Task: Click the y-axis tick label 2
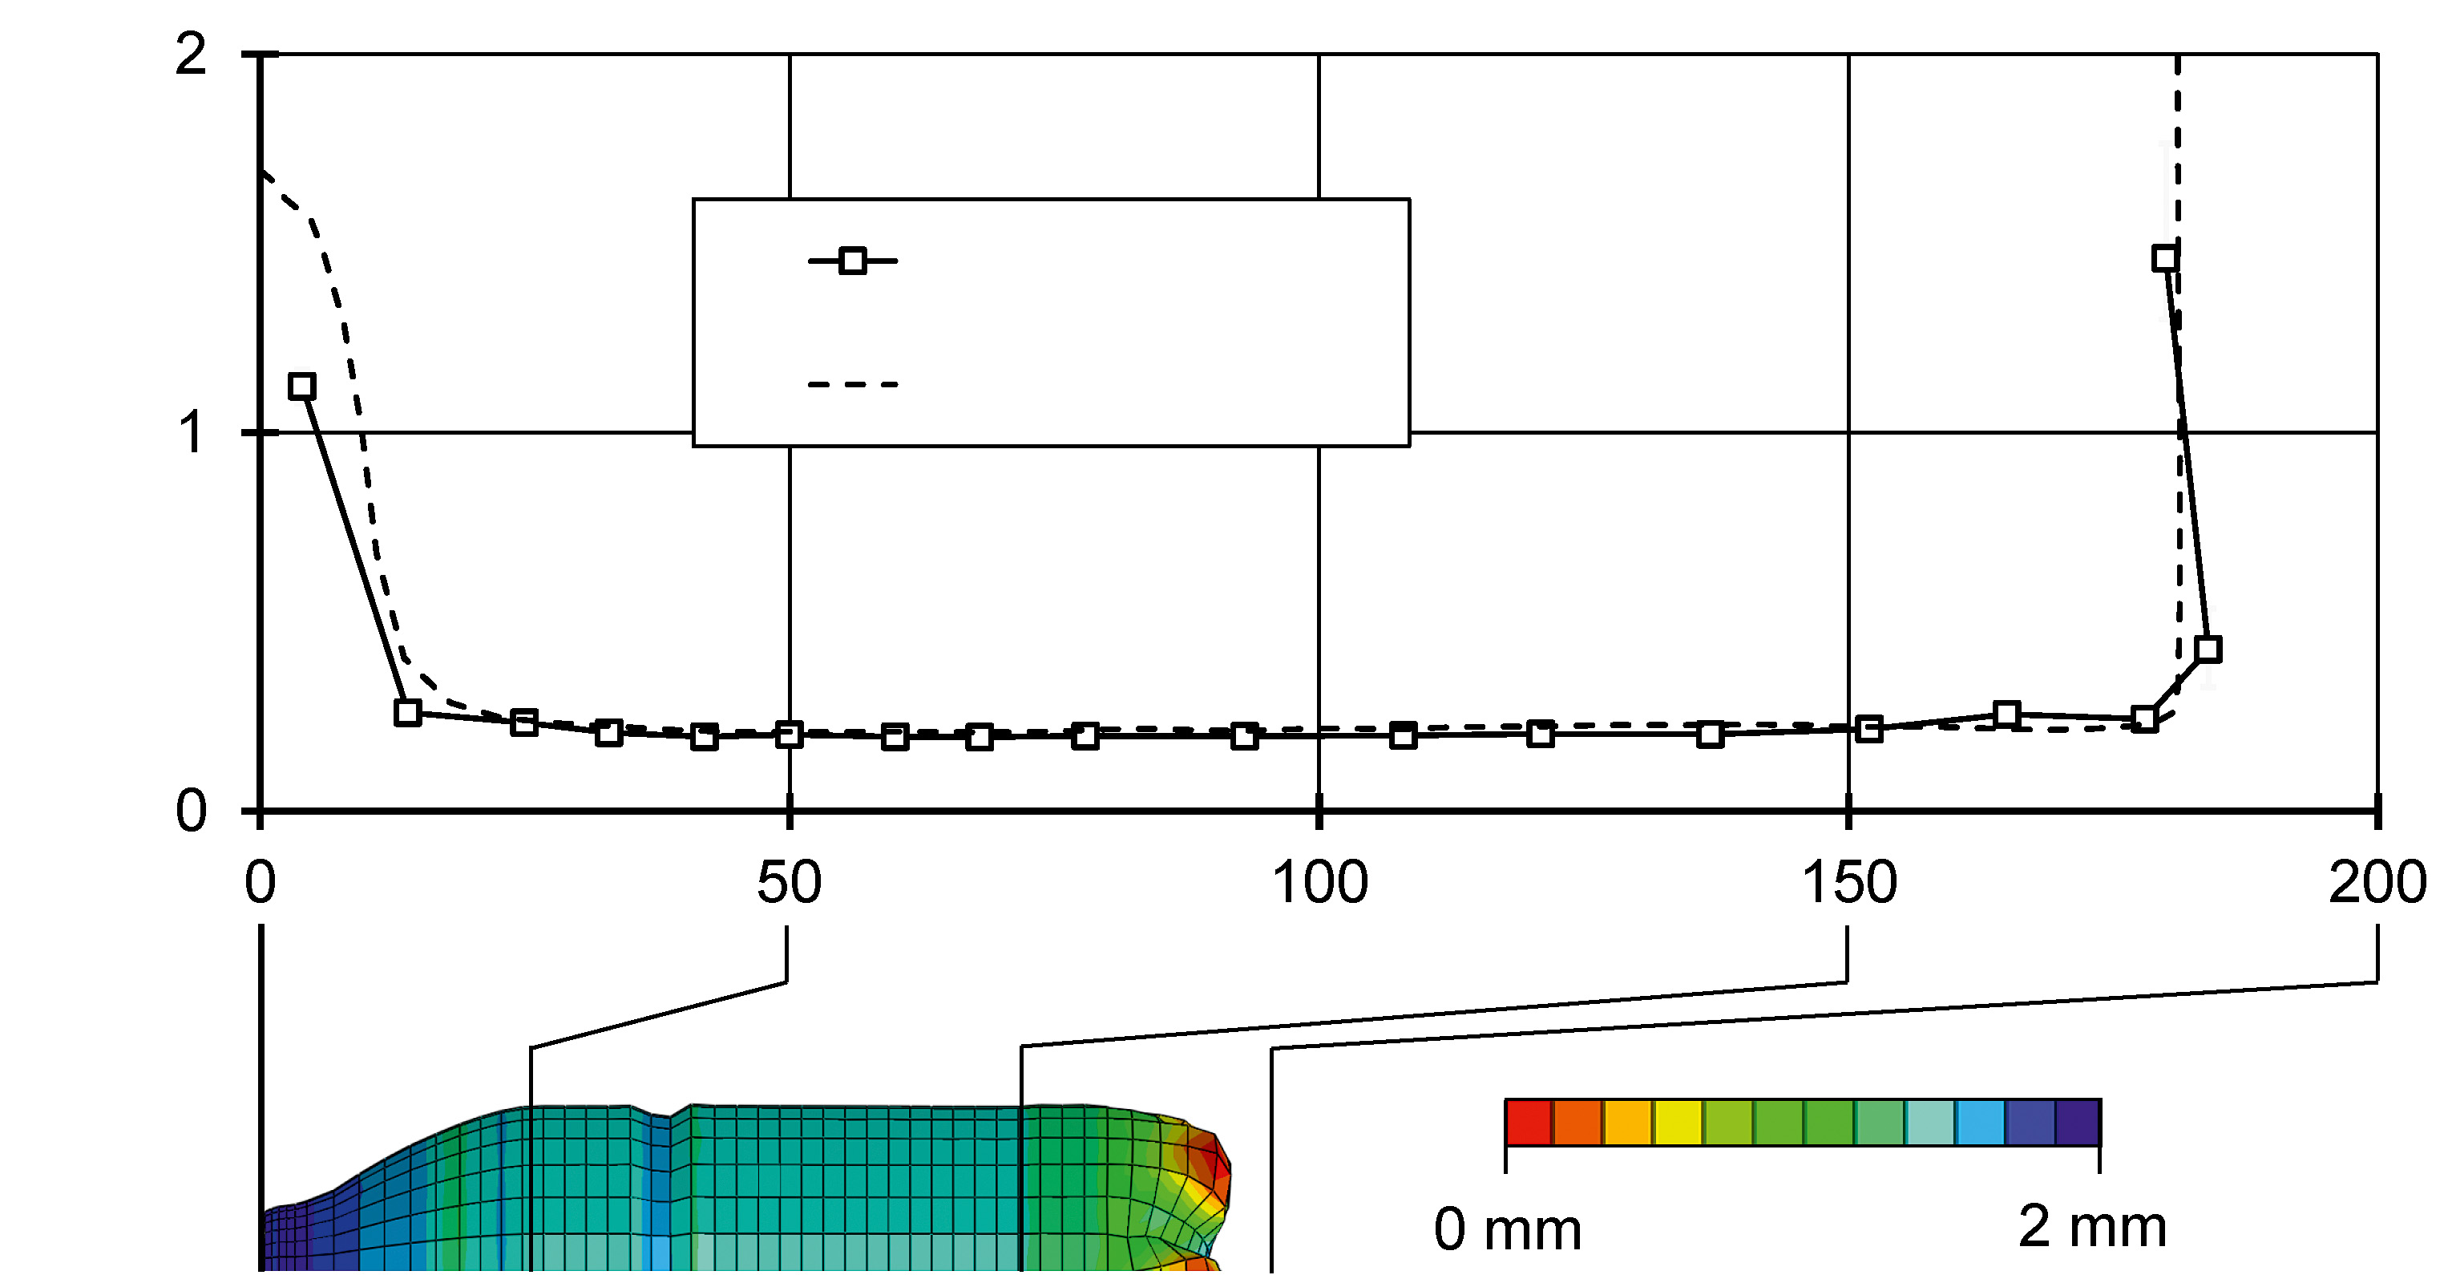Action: pos(191,55)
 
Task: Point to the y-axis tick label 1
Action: pos(191,434)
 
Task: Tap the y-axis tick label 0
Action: pos(191,811)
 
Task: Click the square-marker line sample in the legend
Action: pos(852,261)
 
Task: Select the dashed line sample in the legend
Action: pos(852,385)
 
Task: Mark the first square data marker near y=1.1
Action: pos(301,386)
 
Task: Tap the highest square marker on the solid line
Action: pos(2165,257)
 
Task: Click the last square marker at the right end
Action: pos(2208,650)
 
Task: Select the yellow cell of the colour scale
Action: pos(1678,1122)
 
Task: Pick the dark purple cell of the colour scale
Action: pos(2078,1122)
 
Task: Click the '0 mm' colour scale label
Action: pos(1507,1229)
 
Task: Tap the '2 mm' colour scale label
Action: pos(2091,1227)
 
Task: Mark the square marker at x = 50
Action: pos(789,734)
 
